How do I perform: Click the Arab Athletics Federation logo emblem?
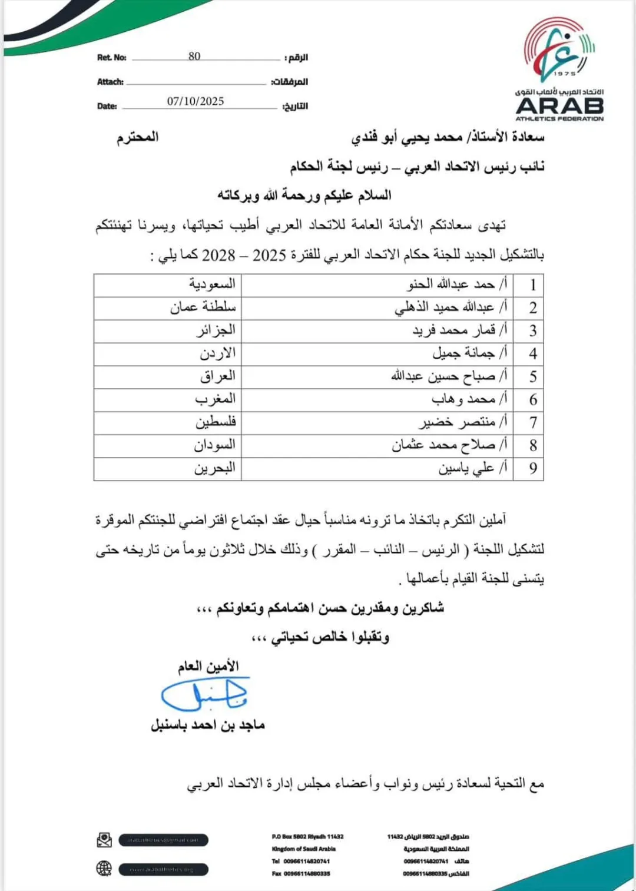pos(559,49)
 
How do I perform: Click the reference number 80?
pos(194,56)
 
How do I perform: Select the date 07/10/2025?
pos(196,101)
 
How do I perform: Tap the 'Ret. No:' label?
pos(112,58)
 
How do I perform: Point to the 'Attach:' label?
pos(110,82)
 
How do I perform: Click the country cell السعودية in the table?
pos(212,284)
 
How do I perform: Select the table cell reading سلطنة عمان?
pos(203,307)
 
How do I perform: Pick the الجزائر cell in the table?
pos(216,330)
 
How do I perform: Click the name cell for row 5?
pos(449,376)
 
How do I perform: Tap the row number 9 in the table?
pos(532,468)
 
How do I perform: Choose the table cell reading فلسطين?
pos(216,422)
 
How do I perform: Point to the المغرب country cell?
pos(215,399)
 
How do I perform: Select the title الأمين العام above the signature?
pos(208,667)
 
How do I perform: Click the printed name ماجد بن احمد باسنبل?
pos(208,725)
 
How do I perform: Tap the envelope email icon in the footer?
pos(104,840)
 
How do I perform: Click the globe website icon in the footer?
pos(104,869)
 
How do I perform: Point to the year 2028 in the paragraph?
pos(218,256)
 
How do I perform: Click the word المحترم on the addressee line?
pos(138,137)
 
